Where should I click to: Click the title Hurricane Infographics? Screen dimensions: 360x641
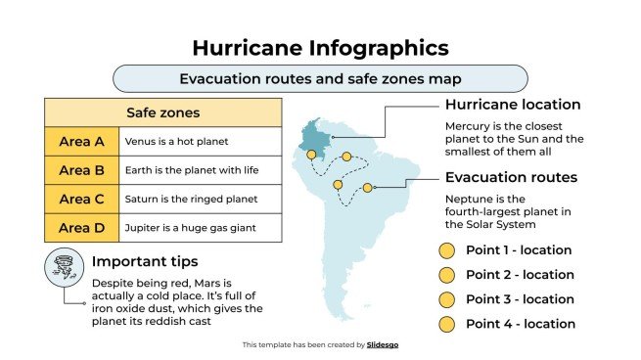320,47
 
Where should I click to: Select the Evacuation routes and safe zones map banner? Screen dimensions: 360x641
320,78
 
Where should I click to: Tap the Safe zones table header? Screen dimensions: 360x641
163,112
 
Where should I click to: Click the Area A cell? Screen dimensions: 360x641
81,142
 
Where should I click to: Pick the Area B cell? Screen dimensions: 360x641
81,170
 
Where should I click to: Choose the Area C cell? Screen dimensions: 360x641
81,199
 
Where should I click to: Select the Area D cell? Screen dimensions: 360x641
81,227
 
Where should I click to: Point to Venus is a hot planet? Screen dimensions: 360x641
176,142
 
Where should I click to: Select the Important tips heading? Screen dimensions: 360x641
145,261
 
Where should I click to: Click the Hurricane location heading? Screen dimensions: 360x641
513,105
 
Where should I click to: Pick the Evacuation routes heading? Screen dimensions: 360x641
511,177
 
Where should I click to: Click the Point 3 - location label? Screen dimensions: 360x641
520,299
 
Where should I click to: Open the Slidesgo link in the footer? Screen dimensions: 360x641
383,344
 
